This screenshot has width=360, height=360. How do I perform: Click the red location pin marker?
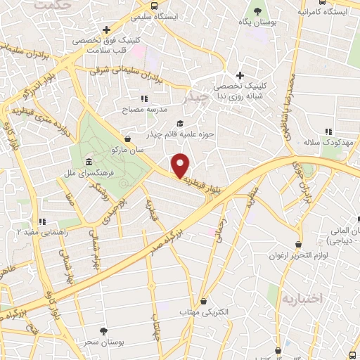pos(181,165)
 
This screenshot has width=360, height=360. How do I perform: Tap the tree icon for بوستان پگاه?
pos(259,11)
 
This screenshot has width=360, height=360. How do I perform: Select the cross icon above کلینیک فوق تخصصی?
pos(105,30)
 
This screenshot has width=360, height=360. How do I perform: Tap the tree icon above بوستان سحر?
pos(104,331)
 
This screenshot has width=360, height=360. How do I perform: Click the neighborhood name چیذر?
pos(195,98)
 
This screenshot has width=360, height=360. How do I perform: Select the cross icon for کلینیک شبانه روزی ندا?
pos(240,75)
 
